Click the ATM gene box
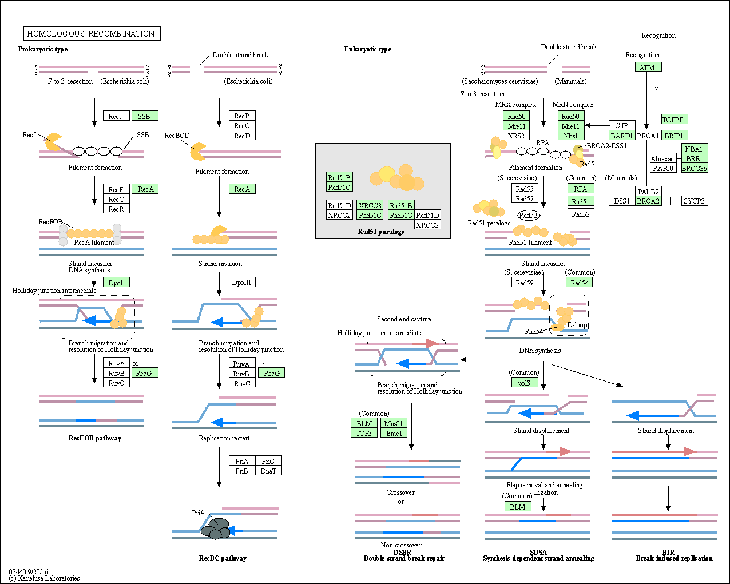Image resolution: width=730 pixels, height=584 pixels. click(x=648, y=67)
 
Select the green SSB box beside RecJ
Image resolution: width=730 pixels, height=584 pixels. click(x=145, y=116)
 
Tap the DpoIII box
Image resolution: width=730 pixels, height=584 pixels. click(x=242, y=282)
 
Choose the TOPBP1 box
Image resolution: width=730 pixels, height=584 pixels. click(x=675, y=119)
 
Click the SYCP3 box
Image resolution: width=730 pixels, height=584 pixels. click(x=695, y=201)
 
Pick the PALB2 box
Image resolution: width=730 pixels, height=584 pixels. click(x=648, y=191)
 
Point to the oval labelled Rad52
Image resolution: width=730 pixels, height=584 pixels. click(x=529, y=215)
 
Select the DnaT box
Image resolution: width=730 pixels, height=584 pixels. click(x=268, y=470)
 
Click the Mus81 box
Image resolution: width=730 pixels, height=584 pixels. click(x=394, y=423)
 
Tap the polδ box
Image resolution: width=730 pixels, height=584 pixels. click(x=525, y=382)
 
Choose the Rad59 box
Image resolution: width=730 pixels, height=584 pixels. click(x=525, y=282)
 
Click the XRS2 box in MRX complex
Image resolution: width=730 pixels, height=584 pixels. click(x=516, y=136)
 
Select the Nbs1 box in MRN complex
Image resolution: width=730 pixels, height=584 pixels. click(x=571, y=136)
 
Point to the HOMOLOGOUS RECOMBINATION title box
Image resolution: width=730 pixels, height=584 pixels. click(x=92, y=33)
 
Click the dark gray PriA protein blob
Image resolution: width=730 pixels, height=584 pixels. click(x=216, y=529)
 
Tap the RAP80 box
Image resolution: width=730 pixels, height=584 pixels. click(x=663, y=168)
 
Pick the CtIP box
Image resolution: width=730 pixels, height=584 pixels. click(x=622, y=125)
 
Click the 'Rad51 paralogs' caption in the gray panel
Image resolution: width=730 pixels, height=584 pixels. click(x=381, y=231)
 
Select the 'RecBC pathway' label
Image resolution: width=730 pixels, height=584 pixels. click(x=223, y=558)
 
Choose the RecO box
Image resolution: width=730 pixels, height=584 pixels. click(x=116, y=198)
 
